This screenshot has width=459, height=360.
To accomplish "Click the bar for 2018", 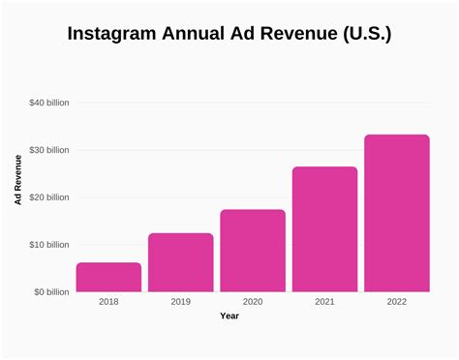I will click(108, 277).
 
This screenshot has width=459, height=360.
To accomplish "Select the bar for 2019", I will click(180, 262).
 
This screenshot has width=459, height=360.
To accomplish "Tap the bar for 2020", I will click(253, 251).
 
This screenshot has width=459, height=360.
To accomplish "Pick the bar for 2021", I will click(324, 229).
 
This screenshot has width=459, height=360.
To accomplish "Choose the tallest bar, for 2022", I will click(396, 213).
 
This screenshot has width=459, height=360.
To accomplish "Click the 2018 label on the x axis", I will click(108, 302).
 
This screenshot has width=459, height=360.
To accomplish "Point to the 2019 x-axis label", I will click(180, 302).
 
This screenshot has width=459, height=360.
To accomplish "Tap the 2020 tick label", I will click(253, 302).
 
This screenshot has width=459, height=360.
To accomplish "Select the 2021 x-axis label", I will click(324, 302).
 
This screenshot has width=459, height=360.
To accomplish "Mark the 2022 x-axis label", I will click(396, 302).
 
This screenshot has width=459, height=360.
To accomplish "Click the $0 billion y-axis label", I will click(49, 291).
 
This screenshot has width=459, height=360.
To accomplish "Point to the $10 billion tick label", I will click(47, 244).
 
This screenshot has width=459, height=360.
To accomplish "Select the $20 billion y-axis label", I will click(47, 196).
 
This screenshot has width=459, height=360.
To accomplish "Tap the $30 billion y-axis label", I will click(47, 149).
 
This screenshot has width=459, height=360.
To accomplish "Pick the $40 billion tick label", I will click(47, 102).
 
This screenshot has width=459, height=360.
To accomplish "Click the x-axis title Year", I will click(229, 315).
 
